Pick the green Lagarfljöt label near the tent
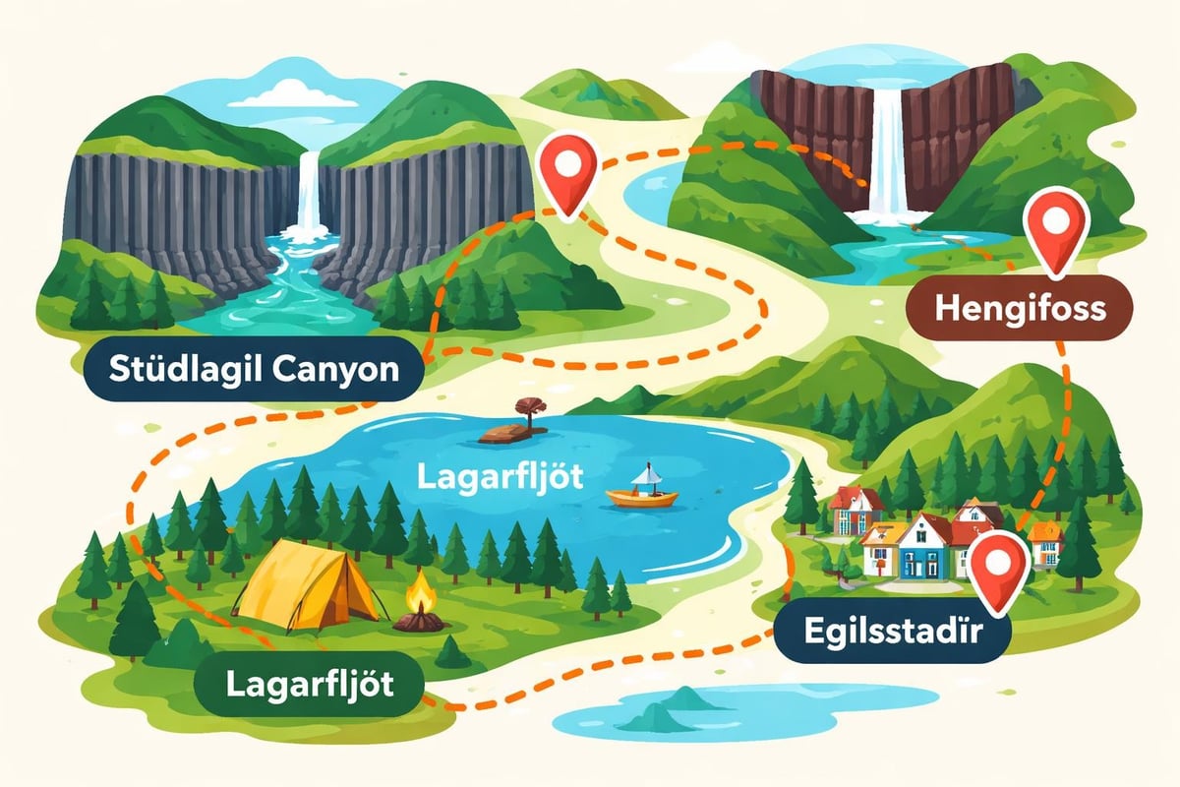tap(309, 683)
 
